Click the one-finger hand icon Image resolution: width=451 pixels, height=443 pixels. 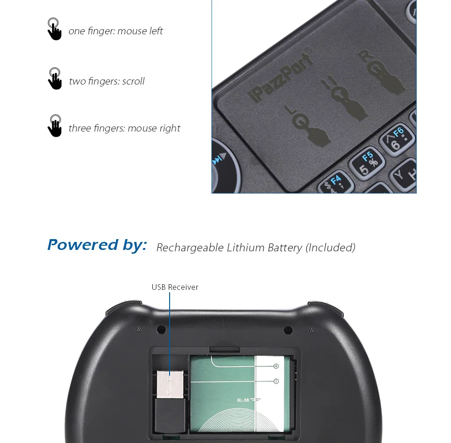click(54, 29)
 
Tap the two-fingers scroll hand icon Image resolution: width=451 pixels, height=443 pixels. click(55, 78)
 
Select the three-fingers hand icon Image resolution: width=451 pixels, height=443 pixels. click(55, 126)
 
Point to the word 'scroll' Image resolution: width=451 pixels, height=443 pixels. click(133, 81)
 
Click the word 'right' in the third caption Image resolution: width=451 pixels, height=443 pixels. click(169, 128)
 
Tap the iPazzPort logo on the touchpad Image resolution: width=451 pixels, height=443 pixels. click(280, 78)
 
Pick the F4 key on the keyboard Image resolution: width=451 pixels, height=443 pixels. click(334, 184)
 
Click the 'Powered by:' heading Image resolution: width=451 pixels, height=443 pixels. click(97, 245)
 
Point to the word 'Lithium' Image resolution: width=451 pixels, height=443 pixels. click(246, 248)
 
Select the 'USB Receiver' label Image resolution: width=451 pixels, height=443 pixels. click(175, 287)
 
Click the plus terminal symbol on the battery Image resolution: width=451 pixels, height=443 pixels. click(276, 366)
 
